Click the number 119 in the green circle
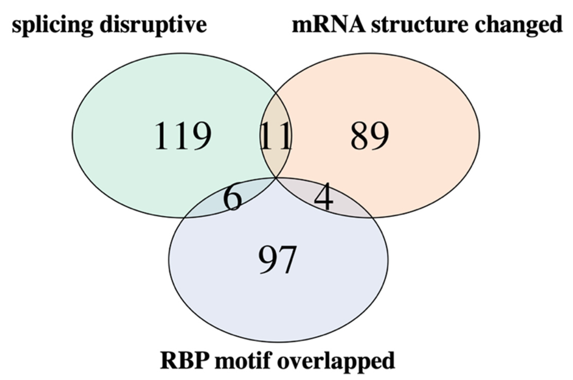183,136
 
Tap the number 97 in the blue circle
277,260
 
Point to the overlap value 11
275,136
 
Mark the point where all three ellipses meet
276,177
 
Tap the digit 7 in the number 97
287,260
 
